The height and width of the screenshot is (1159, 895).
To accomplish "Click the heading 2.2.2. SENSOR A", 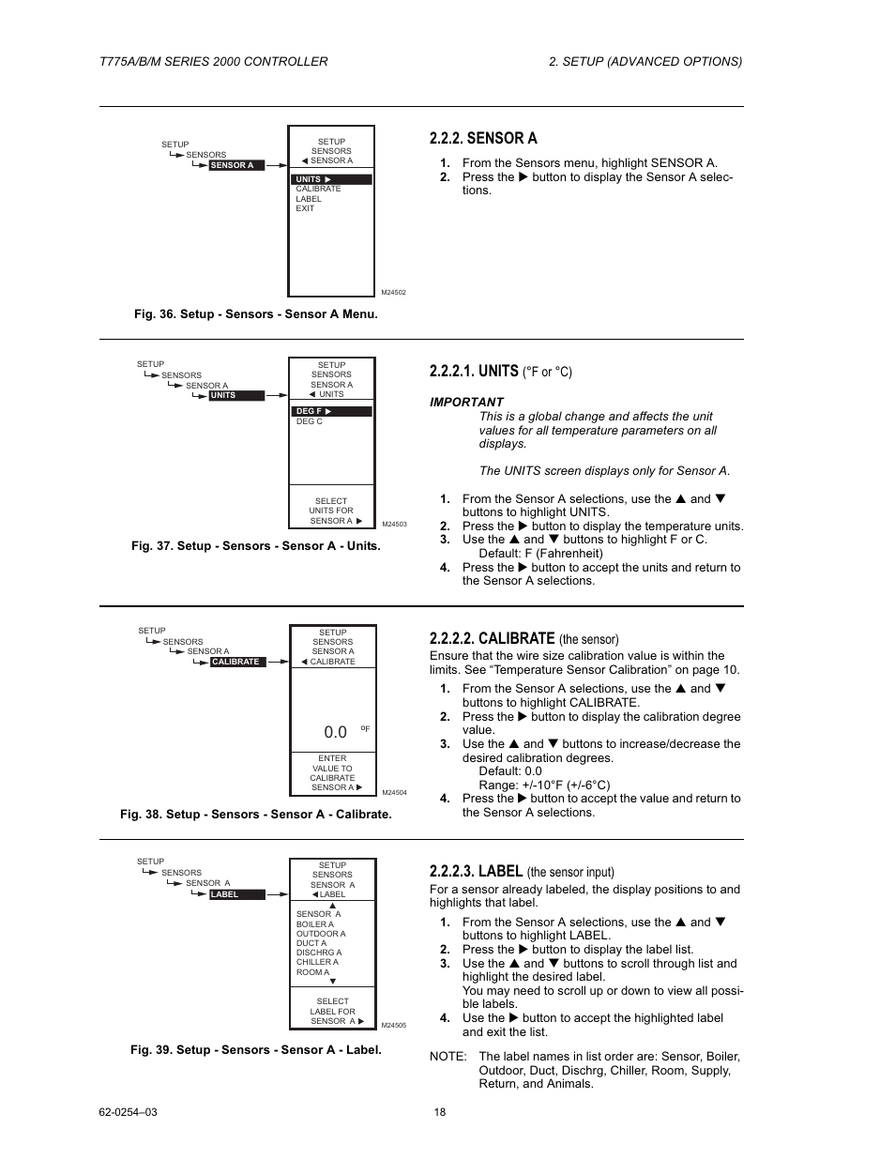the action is [483, 138].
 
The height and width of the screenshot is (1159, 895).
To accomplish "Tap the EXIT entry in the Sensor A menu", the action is [305, 208].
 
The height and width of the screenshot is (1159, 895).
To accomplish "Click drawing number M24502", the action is [393, 293].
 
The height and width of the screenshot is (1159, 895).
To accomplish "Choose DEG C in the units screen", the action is [309, 421].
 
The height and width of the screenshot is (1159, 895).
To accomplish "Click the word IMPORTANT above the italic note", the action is [466, 402].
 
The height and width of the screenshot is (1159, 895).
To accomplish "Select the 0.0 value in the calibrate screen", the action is [335, 732].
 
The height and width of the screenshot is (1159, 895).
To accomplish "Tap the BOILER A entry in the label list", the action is [314, 924].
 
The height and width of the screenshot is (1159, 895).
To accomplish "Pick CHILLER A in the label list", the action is [317, 962].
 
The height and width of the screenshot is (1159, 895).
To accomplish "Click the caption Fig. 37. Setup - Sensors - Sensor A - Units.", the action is [256, 545].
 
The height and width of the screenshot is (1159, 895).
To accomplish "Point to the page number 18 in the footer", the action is [440, 1112].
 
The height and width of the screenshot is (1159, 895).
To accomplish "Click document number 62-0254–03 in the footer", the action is [128, 1112].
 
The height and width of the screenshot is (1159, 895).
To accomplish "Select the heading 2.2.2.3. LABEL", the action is [476, 871].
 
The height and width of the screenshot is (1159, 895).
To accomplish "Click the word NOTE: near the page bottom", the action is [447, 1056].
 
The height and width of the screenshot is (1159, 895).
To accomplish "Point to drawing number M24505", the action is [393, 1026].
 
